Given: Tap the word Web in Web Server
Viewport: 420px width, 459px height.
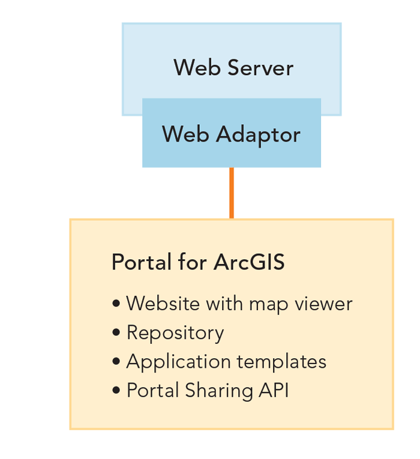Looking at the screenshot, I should click(193, 68).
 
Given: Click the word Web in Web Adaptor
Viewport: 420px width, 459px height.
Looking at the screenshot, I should click(182, 134).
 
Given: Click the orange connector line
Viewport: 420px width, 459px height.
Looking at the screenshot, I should click(231, 193).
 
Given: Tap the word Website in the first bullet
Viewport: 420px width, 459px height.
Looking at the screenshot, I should click(163, 304).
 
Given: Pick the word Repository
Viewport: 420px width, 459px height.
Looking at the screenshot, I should click(175, 333).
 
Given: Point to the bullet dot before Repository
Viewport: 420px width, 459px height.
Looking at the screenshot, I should click(116, 333).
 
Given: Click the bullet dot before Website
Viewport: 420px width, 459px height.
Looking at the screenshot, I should click(116, 304).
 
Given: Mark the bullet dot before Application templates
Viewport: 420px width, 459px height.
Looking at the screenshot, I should click(116, 362).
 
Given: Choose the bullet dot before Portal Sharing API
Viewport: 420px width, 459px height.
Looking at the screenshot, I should click(116, 391).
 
